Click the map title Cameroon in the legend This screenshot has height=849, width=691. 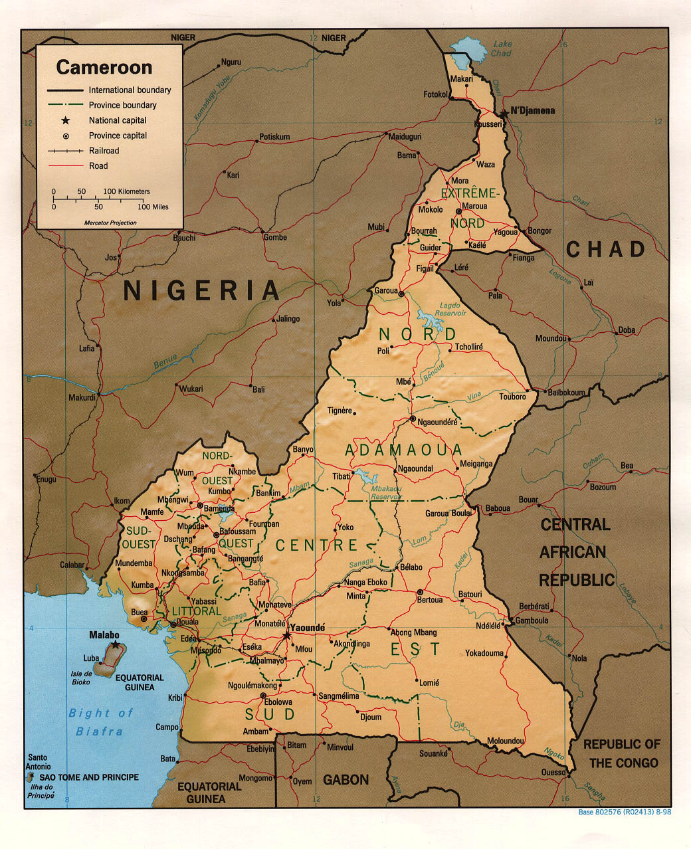point(104,67)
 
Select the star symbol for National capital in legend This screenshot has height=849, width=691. point(66,120)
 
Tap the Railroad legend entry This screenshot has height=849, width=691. point(104,151)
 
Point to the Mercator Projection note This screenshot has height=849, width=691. point(110,223)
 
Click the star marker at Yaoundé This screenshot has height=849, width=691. point(286,636)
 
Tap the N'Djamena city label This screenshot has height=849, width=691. point(532,111)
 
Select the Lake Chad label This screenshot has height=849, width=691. point(502,48)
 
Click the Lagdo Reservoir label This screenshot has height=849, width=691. point(450,309)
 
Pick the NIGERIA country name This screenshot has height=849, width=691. point(201,290)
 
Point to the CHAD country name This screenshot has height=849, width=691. point(605,249)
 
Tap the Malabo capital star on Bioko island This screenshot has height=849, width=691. point(116,644)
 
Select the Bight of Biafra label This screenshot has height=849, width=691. point(100,722)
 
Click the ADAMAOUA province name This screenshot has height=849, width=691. point(403,450)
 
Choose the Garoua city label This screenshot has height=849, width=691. point(385,291)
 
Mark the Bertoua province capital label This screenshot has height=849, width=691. point(429,600)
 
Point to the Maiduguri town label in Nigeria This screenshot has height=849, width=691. point(405,136)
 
